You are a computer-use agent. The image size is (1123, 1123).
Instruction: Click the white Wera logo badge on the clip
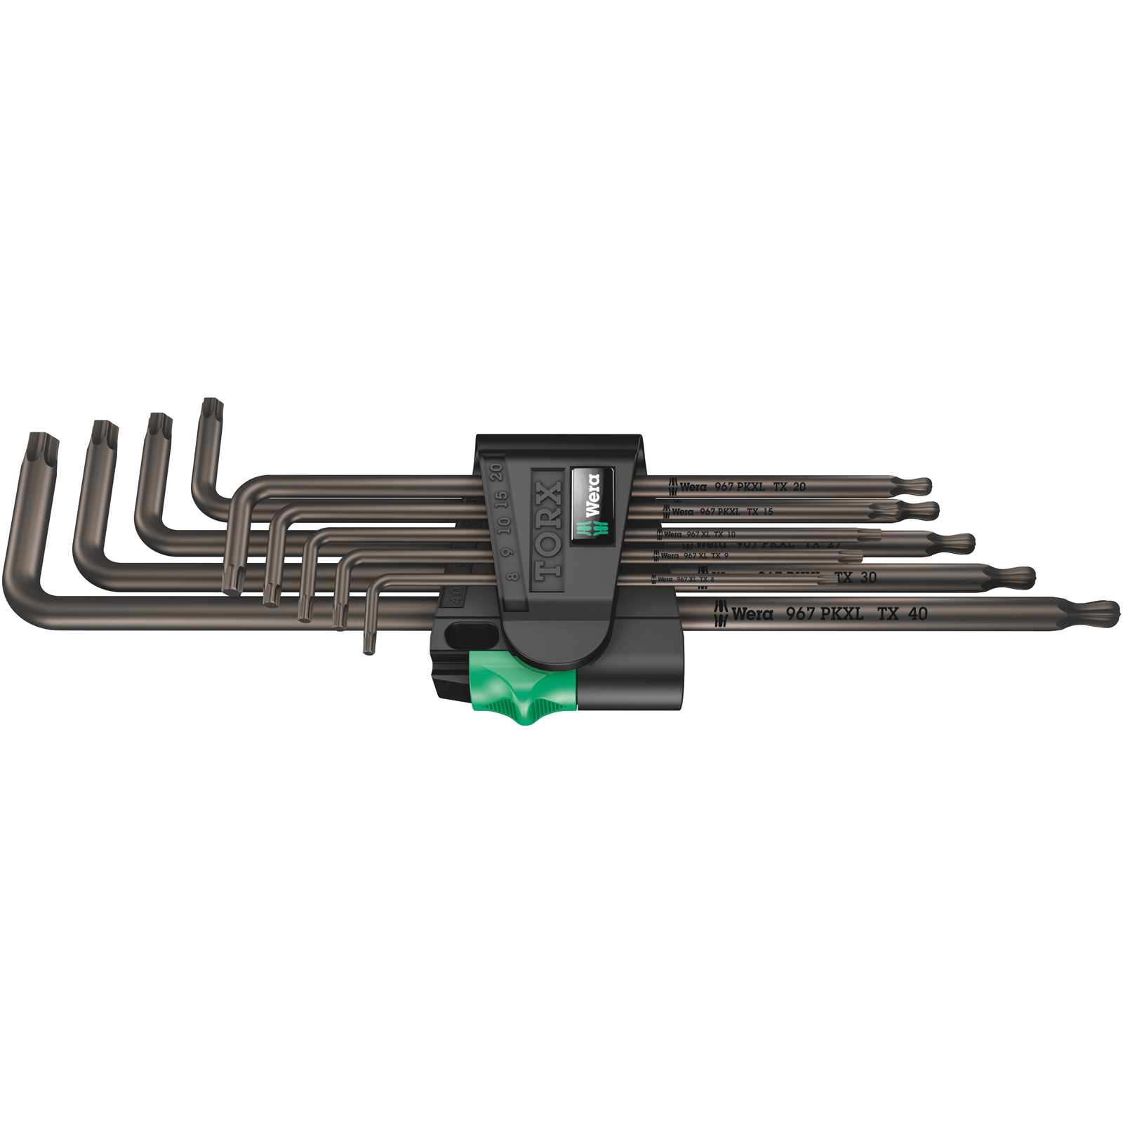[x=592, y=505]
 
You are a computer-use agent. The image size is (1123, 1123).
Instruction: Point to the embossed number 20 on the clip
[x=497, y=472]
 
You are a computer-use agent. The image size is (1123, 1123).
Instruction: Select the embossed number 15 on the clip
[x=500, y=500]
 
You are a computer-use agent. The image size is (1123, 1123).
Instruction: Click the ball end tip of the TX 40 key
[x=1101, y=613]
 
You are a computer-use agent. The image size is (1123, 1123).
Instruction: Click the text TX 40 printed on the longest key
[x=902, y=613]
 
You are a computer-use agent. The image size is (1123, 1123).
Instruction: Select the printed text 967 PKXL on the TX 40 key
[x=824, y=613]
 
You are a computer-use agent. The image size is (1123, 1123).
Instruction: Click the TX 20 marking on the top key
[x=790, y=486]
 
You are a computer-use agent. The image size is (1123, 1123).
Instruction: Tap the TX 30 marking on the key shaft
[x=856, y=578]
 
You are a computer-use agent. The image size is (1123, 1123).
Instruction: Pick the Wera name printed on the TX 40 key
[x=752, y=614]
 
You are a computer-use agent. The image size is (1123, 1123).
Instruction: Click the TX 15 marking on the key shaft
[x=759, y=512]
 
